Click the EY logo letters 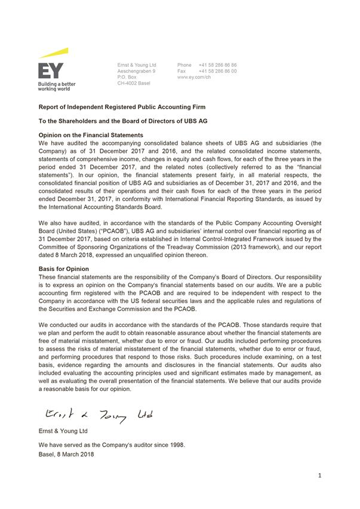51,70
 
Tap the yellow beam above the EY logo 54,53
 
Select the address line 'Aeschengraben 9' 137,71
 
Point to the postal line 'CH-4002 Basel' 134,83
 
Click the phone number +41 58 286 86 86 218,65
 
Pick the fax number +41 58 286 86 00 218,71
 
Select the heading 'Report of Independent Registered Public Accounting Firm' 122,107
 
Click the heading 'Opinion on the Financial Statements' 91,135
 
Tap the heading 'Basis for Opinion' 64,269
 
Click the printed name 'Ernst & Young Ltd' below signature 63,430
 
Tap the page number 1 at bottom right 320,476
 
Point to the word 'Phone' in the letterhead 184,65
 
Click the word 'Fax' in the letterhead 181,71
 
